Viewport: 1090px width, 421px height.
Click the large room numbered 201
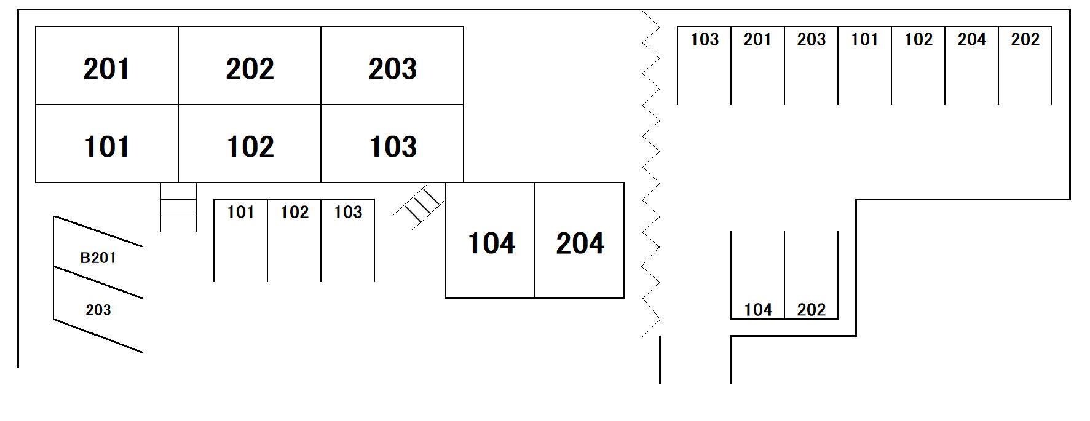[x=106, y=68]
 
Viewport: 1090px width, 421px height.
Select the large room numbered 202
[x=250, y=68]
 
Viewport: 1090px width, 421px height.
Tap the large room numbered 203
[x=392, y=68]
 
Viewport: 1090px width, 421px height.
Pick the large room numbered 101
[x=106, y=146]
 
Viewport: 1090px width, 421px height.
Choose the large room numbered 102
[x=250, y=146]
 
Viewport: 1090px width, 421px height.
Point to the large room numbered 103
[x=392, y=146]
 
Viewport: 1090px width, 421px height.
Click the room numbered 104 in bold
[x=491, y=243]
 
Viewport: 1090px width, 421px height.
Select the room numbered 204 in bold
[x=580, y=243]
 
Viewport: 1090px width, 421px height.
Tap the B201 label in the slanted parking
[x=98, y=258]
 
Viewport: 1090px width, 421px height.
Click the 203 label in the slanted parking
[x=98, y=310]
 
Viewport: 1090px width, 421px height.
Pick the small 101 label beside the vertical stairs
[x=240, y=212]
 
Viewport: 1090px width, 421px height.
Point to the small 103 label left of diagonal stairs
[x=348, y=212]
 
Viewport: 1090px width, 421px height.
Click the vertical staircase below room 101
[x=178, y=207]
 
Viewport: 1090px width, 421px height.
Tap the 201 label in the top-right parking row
[x=757, y=39]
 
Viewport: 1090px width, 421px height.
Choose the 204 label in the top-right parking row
[x=971, y=39]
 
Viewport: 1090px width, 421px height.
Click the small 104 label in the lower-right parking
[x=757, y=310]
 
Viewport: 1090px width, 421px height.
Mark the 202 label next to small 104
[x=811, y=310]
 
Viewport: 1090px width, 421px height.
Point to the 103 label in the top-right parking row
[x=704, y=39]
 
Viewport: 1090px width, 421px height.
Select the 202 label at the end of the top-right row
[x=1025, y=39]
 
